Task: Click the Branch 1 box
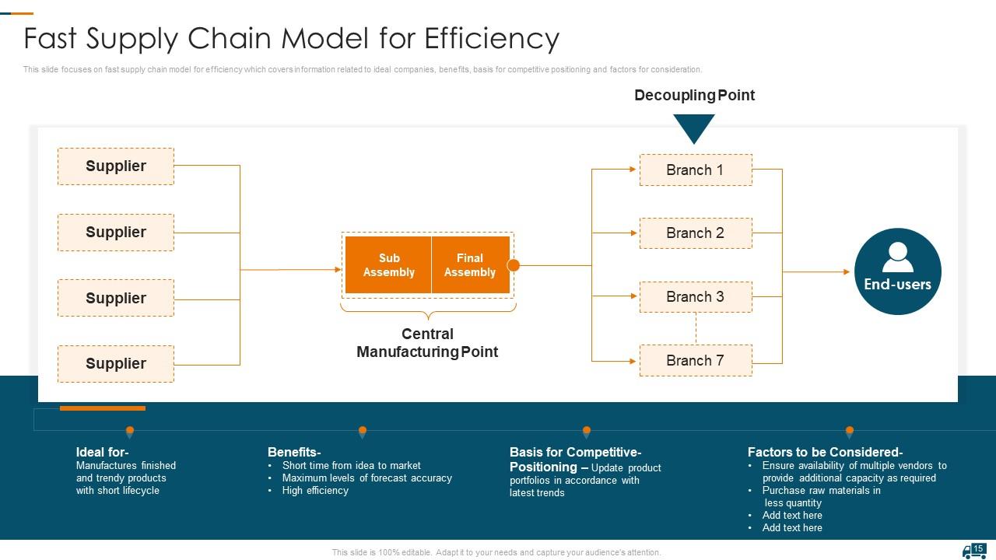[695, 170]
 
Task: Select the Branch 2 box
[695, 233]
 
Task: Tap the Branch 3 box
[695, 296]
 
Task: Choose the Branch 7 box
[695, 360]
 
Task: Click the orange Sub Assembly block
[388, 265]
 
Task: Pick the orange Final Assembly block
[470, 265]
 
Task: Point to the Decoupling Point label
[694, 95]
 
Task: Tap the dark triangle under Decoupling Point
[694, 127]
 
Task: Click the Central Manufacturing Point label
[427, 343]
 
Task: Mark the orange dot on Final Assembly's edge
[514, 265]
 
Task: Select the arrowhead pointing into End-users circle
[846, 271]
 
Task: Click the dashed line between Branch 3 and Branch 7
[696, 328]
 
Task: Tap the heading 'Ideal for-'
[102, 452]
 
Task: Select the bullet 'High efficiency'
[315, 491]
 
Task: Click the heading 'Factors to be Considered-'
[825, 452]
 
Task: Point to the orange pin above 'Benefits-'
[363, 432]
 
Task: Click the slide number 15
[979, 548]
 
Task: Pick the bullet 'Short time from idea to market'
[351, 466]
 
